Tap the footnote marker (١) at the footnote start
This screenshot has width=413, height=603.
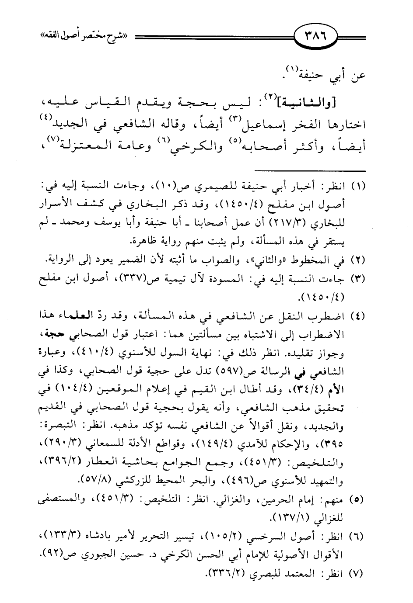click(358, 187)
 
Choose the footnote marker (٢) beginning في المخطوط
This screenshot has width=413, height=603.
click(358, 260)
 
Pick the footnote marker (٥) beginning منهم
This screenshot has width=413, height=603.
click(358, 499)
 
